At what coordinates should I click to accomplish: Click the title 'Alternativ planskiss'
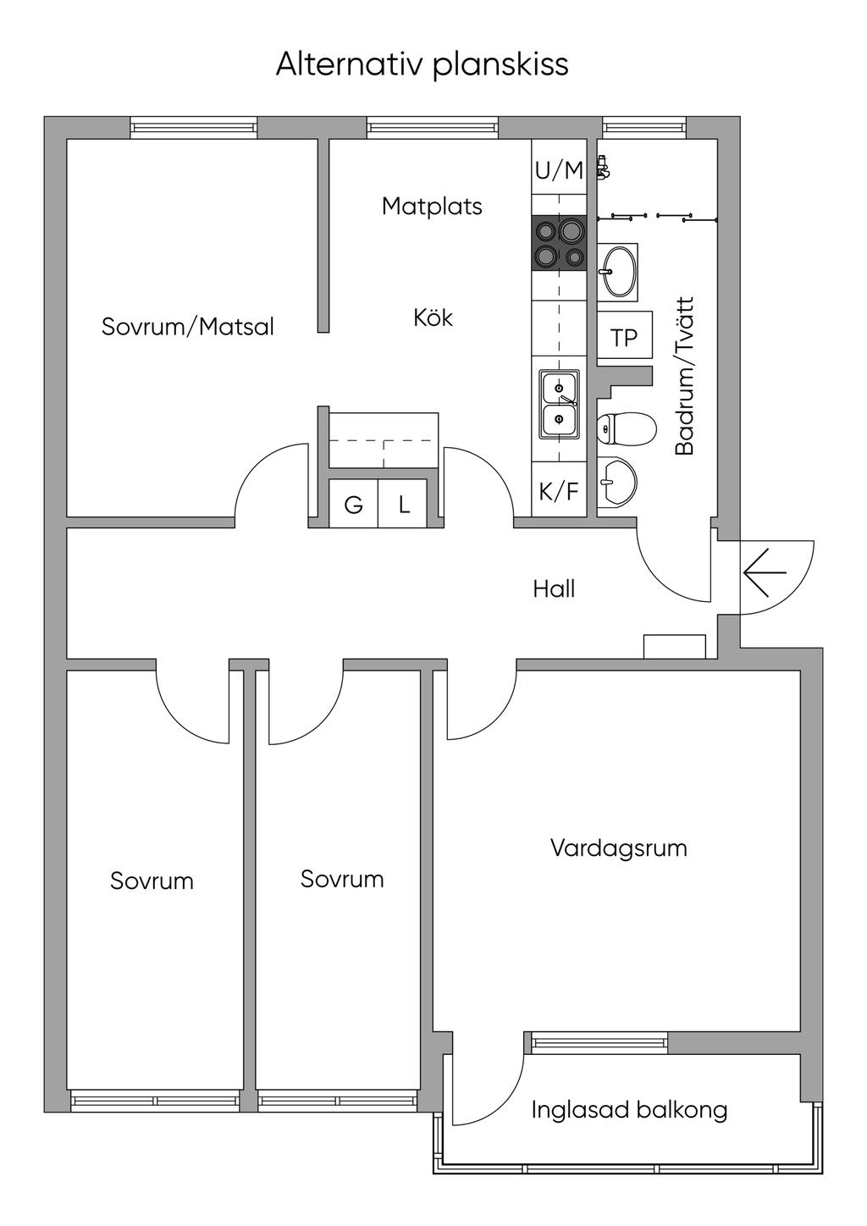422,65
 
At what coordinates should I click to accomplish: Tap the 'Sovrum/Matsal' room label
188,327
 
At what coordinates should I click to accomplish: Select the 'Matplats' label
432,206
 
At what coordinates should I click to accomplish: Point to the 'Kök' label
433,318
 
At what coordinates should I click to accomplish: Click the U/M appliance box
559,170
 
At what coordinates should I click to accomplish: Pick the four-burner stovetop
559,243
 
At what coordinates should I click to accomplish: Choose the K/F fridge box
559,491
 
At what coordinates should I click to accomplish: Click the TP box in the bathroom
624,338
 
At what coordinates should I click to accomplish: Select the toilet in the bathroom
626,429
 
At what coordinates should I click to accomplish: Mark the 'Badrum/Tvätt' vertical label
684,376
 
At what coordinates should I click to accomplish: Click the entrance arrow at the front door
765,573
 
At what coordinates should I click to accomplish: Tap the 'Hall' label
554,588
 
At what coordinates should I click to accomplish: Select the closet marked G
353,505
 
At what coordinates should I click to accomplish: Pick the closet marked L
405,505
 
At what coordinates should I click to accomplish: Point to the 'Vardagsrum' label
618,848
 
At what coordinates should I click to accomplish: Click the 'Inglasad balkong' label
629,1109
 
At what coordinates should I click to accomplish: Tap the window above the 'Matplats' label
433,128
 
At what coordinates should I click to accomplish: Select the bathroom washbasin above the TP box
618,271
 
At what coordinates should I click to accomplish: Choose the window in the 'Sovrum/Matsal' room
194,128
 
